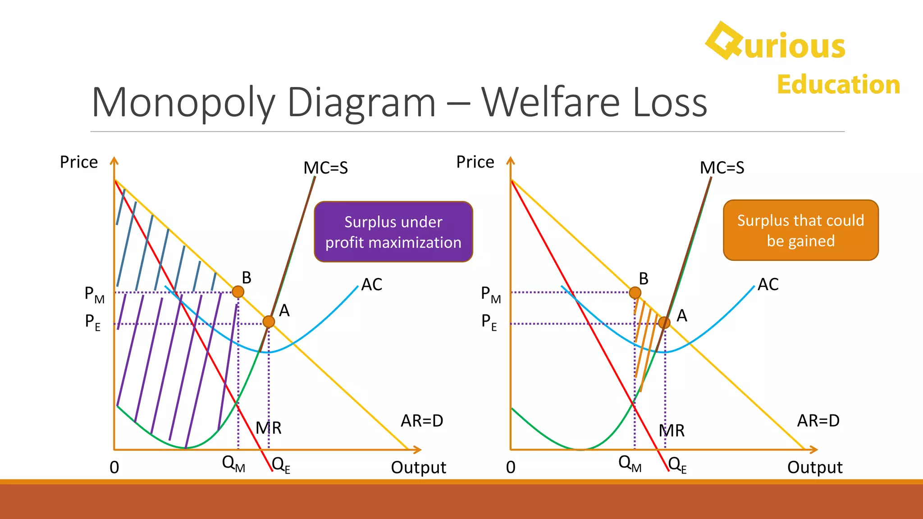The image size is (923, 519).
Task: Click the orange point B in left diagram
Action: [238, 291]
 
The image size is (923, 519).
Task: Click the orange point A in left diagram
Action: [269, 322]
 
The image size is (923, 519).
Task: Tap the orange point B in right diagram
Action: [635, 293]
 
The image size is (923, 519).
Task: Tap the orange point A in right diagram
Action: [664, 323]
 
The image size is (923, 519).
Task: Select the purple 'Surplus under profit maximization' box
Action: [393, 232]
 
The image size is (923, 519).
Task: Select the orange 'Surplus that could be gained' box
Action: [801, 230]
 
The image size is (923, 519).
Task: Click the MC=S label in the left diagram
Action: [325, 168]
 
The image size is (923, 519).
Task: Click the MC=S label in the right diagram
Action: [722, 168]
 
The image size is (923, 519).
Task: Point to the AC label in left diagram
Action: [372, 285]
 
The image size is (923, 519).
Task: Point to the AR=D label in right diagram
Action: [818, 421]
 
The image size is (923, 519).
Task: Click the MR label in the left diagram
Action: [269, 428]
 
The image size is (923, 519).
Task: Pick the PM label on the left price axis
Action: [94, 295]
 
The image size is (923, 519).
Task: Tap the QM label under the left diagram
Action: [233, 464]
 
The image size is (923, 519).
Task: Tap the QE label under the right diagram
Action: [677, 464]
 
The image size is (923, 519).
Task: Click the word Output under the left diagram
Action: [418, 468]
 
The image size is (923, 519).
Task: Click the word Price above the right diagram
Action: [475, 162]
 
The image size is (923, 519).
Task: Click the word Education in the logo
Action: [838, 85]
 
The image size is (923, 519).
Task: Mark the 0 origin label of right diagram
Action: [511, 468]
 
